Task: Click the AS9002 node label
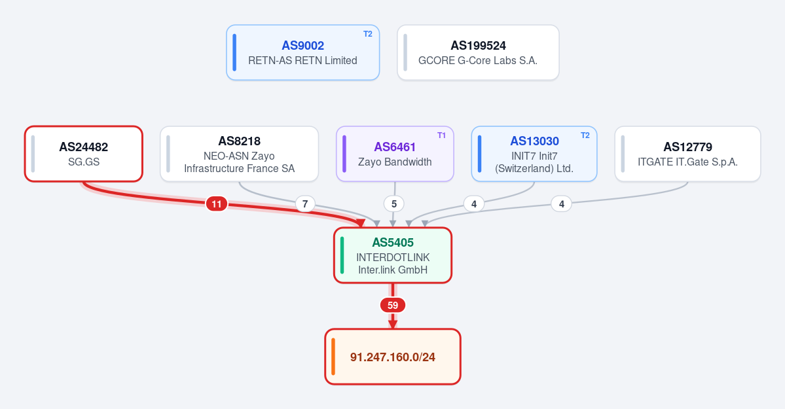coord(303,46)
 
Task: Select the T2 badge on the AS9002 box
coord(368,34)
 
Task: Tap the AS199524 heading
coord(478,46)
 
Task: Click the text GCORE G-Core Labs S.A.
coord(478,61)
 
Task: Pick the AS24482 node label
coord(84,147)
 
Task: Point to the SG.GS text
coord(84,162)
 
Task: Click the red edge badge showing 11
coord(216,204)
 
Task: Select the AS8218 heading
coord(240,141)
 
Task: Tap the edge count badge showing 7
coord(305,204)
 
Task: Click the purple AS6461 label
coord(395,147)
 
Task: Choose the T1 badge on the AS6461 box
coord(441,135)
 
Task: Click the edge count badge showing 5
coord(394,204)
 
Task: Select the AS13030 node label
coord(535,141)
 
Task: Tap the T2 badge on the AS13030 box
coord(585,135)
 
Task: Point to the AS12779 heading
coord(688,147)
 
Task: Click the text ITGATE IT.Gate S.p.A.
coord(688,162)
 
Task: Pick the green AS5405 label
coord(393,242)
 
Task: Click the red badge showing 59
coord(393,305)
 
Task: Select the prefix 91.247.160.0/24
coord(393,357)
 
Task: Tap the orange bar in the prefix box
coord(333,357)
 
